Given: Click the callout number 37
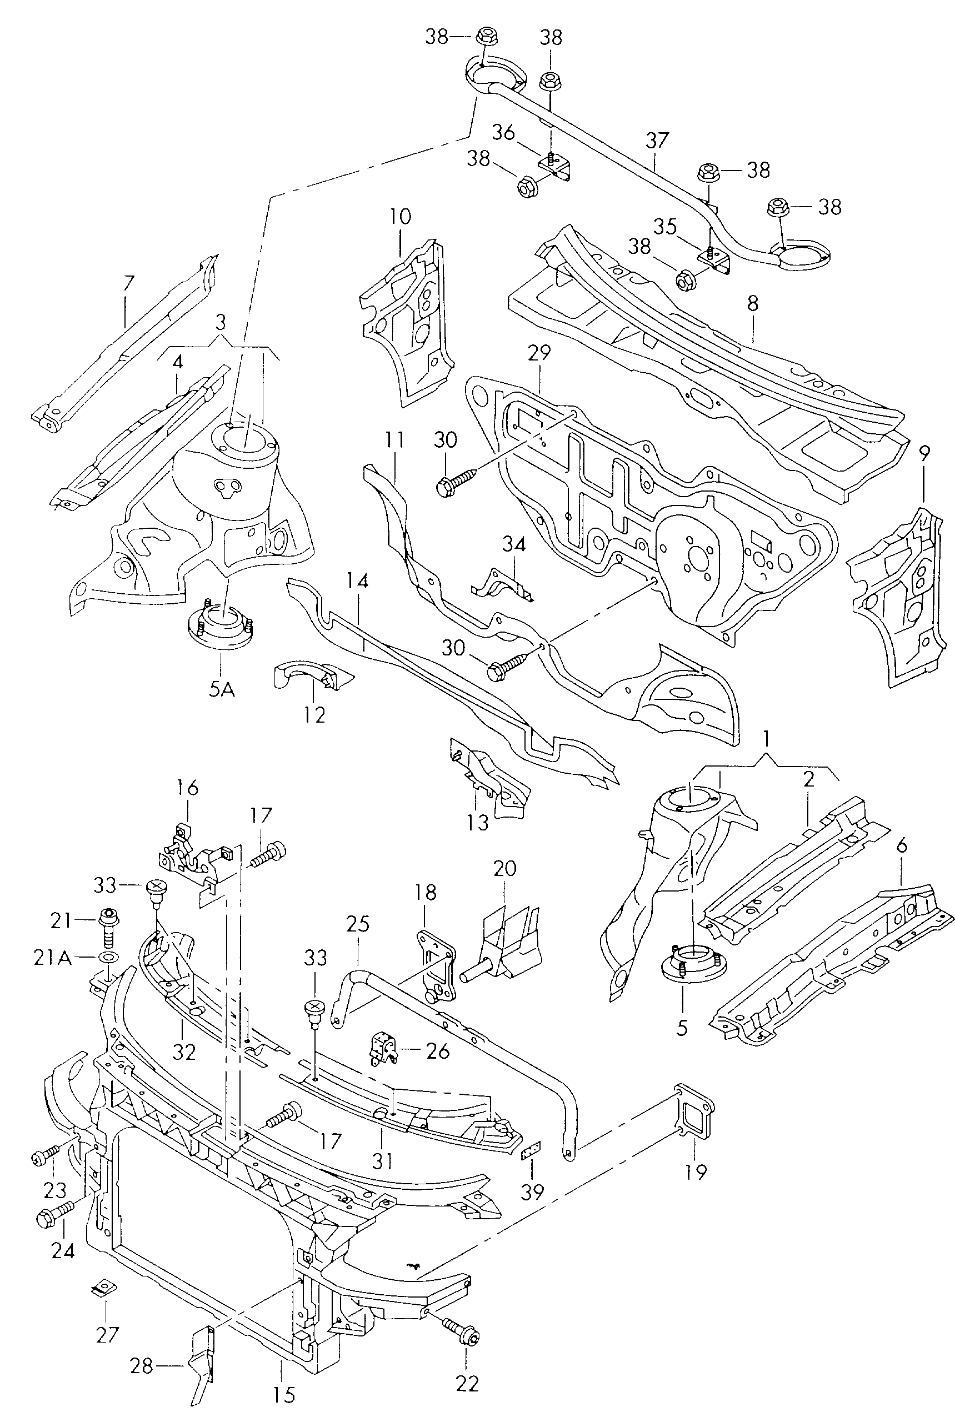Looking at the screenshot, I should pyautogui.click(x=657, y=141).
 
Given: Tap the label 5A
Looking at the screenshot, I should pyautogui.click(x=222, y=690).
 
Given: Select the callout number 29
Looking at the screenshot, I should pyautogui.click(x=538, y=352).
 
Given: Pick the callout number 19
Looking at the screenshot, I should pyautogui.click(x=696, y=1171).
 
